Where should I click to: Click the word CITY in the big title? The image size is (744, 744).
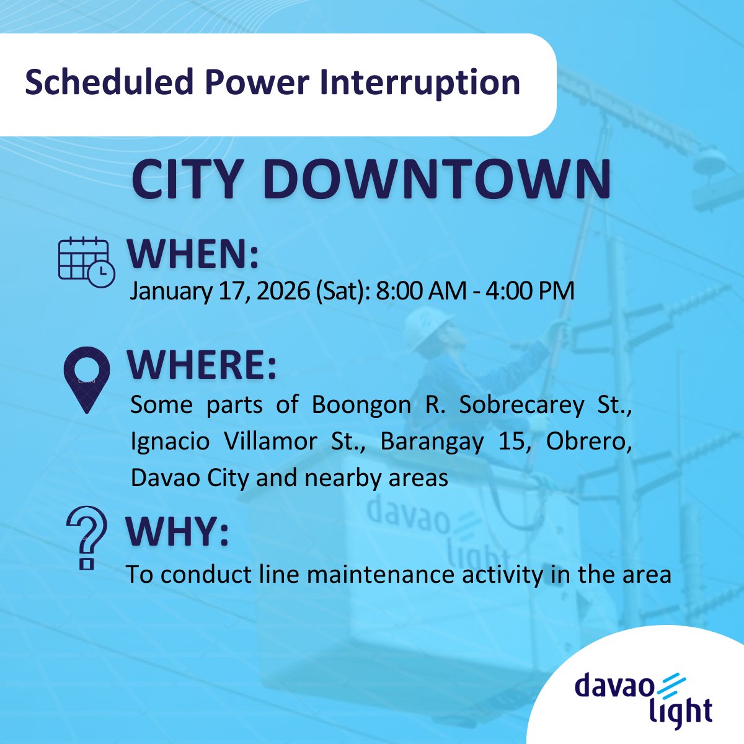[x=185, y=180]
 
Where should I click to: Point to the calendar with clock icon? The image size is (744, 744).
[x=86, y=262]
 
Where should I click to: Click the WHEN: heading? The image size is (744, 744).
[x=192, y=254]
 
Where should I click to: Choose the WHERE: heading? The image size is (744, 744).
[x=201, y=366]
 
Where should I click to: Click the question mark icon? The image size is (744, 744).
[x=87, y=537]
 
